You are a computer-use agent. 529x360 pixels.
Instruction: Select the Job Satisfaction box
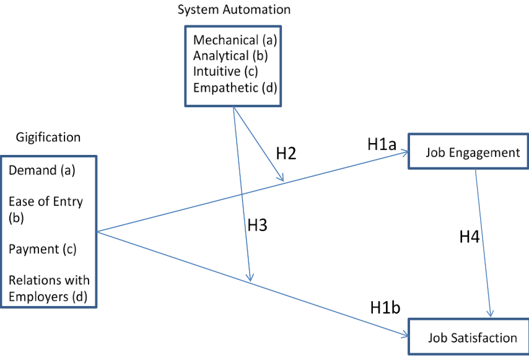point(467,337)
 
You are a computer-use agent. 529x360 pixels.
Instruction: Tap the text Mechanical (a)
point(235,40)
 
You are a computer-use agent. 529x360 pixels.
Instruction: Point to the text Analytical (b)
point(230,56)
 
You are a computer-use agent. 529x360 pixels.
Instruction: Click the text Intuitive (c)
point(225,71)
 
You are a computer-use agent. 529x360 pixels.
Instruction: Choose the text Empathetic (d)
point(235,87)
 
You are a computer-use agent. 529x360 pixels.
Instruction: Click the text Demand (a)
point(42,170)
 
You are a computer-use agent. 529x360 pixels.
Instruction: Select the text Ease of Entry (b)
point(45,209)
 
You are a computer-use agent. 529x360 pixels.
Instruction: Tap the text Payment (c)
point(42,249)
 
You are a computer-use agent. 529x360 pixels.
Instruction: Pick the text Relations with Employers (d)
point(49,289)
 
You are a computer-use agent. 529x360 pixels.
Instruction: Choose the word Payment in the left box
point(33,249)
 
